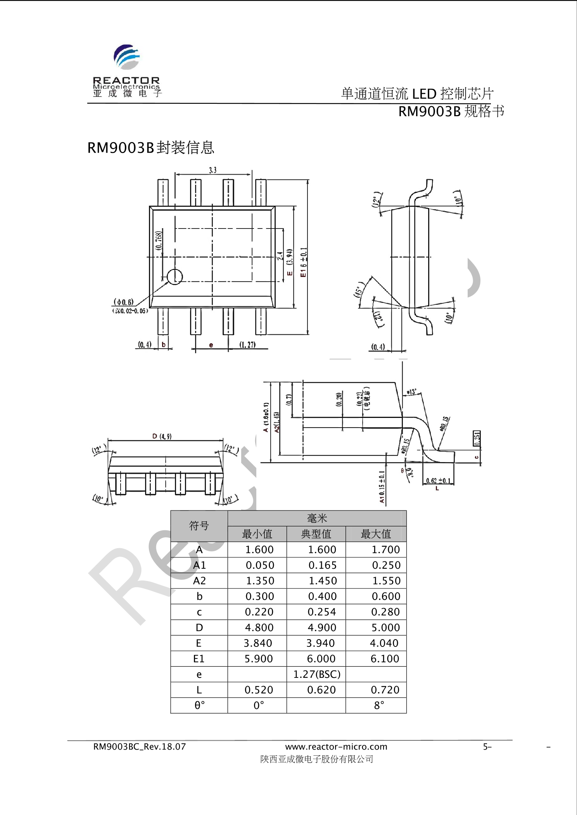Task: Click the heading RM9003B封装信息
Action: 150,148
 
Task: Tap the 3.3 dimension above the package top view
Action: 212,170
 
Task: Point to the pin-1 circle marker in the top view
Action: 174,277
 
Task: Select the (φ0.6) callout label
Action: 123,302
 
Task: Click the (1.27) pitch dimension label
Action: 247,345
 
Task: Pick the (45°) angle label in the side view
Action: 359,289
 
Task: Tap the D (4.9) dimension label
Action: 162,437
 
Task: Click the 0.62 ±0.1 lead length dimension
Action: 438,481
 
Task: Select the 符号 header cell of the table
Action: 199,526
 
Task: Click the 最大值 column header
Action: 376,534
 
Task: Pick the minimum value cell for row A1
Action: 259,565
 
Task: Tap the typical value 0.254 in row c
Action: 322,612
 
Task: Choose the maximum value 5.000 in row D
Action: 385,628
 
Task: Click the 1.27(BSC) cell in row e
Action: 316,674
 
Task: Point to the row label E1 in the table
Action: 199,659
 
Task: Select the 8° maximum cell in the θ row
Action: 379,705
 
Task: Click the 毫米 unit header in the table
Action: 317,518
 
